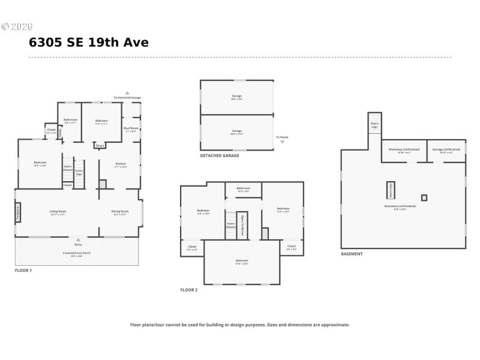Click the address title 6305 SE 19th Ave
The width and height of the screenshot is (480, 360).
(x=89, y=43)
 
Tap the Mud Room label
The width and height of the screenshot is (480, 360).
(x=131, y=128)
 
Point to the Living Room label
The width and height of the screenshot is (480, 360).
(x=58, y=211)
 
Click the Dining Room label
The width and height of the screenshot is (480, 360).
(x=120, y=211)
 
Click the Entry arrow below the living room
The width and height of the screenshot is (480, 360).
(x=78, y=240)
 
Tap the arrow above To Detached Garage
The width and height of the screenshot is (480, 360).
(x=127, y=92)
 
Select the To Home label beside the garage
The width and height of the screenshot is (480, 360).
(x=283, y=137)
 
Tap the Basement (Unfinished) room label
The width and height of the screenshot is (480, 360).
(x=404, y=206)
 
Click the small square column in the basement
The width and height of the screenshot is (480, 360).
(x=424, y=197)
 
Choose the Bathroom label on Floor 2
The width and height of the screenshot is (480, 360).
(x=243, y=188)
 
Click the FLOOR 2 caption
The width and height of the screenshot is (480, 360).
(x=189, y=290)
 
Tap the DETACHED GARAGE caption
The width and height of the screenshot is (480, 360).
(x=220, y=155)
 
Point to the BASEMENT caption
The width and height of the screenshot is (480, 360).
(x=352, y=254)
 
